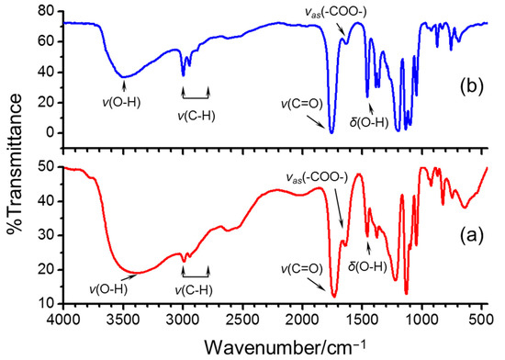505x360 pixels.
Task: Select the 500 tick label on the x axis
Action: tap(482, 320)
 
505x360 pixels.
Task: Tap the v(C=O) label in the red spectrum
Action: tap(300, 268)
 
